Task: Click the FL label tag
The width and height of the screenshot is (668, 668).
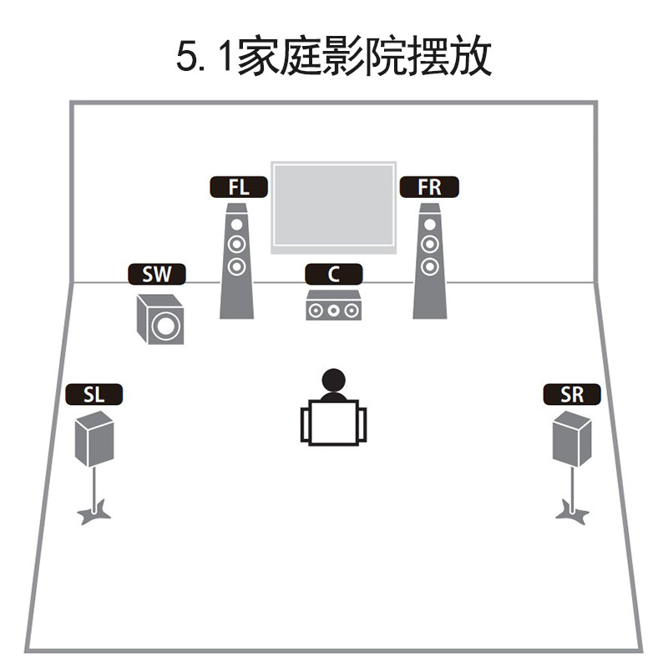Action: tap(238, 187)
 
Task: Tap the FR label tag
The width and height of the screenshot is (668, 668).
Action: tap(429, 187)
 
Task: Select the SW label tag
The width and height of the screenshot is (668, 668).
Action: tap(156, 275)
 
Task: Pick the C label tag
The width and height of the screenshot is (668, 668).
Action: tap(333, 275)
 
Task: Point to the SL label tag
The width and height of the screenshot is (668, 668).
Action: tap(94, 395)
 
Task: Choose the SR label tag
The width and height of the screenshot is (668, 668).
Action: tap(572, 395)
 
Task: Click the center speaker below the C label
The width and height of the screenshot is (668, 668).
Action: tap(333, 306)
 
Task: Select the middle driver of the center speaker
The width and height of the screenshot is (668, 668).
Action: tap(333, 311)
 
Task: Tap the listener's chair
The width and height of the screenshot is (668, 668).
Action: tap(333, 423)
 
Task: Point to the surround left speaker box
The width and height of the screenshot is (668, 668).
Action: tap(94, 439)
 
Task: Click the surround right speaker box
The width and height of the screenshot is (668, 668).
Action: tap(572, 439)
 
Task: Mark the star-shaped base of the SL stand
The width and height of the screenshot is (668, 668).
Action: tap(94, 512)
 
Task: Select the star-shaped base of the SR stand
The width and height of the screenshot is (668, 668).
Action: tap(572, 510)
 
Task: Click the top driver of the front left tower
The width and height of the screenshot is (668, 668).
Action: tap(237, 225)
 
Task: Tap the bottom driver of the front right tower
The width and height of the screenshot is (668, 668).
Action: tap(429, 267)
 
